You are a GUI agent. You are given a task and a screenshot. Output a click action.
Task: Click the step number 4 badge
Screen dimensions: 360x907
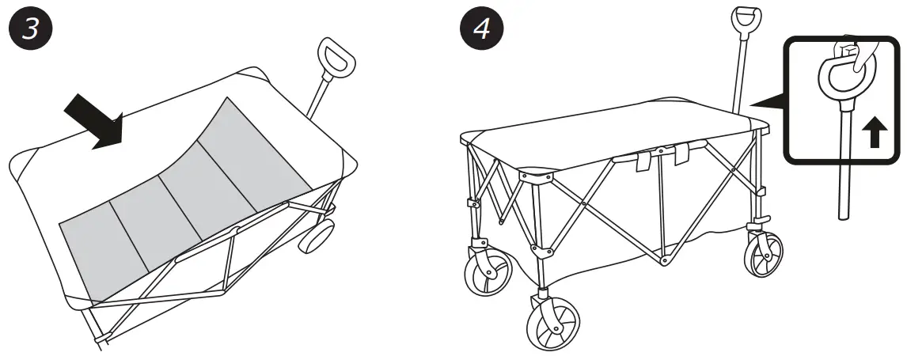pyautogui.click(x=480, y=30)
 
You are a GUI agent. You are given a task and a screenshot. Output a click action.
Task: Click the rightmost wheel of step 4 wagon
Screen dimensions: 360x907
pyautogui.click(x=763, y=254)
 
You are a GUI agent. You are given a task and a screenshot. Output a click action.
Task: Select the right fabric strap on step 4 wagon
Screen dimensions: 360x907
pyautogui.click(x=682, y=155)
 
